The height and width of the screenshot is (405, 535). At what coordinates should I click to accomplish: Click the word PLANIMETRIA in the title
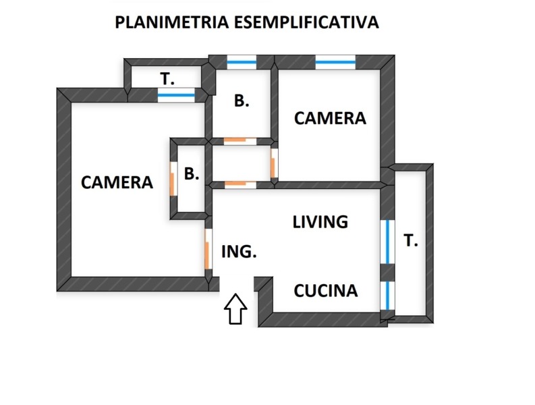171,22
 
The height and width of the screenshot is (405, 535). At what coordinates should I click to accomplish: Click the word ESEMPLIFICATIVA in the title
306,22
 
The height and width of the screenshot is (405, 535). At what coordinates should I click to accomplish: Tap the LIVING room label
320,222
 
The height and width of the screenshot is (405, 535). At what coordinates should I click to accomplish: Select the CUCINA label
325,291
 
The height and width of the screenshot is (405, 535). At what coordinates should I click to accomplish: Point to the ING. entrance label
239,252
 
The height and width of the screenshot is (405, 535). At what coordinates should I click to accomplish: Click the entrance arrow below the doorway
235,308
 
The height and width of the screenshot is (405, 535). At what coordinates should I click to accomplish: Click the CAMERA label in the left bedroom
117,182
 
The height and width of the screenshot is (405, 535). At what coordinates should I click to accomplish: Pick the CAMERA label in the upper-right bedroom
330,119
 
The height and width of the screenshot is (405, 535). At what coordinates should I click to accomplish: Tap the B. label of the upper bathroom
242,101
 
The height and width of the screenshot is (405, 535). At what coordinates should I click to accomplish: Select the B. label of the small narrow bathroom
192,174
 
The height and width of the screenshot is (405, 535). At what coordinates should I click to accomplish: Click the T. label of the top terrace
167,79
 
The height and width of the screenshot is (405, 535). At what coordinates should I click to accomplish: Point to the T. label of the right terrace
410,241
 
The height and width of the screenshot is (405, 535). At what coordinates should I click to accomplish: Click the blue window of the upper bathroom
242,62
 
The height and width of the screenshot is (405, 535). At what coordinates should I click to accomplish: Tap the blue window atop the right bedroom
335,62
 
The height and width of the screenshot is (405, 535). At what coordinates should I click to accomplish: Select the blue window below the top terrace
176,95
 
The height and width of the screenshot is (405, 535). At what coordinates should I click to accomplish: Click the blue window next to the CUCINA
387,294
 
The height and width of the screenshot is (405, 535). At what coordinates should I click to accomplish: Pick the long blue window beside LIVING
387,242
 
